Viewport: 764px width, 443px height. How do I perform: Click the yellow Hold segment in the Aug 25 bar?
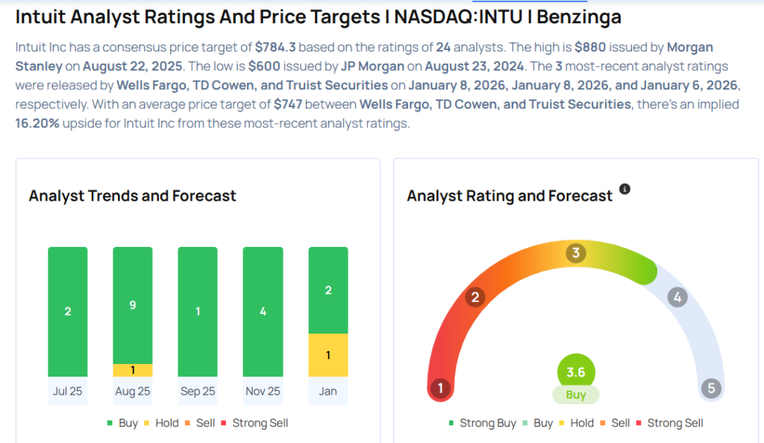(133, 370)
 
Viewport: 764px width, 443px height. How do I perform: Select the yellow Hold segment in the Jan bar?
(328, 355)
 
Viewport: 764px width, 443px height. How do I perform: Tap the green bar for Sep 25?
(198, 312)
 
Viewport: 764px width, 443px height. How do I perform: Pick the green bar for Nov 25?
(263, 312)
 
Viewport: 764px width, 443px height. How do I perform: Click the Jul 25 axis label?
(67, 392)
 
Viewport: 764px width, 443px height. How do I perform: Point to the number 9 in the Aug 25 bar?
(133, 304)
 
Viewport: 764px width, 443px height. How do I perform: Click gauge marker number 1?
(441, 389)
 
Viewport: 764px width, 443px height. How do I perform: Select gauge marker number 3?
(575, 253)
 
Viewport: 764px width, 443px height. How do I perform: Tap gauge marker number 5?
(711, 389)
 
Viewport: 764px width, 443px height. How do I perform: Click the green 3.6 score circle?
(576, 371)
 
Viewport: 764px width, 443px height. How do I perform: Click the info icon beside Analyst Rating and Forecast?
(625, 189)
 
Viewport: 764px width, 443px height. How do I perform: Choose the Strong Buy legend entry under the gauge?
(482, 423)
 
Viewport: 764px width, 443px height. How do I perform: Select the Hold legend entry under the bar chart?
(161, 423)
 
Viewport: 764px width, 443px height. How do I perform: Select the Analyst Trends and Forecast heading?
(132, 196)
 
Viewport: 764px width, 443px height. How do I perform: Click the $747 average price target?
(287, 104)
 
